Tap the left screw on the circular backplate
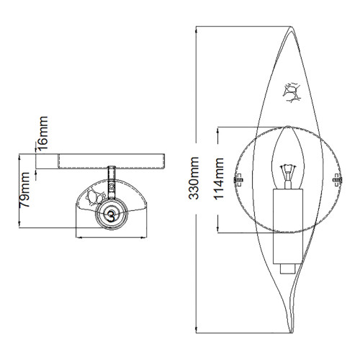(239, 179)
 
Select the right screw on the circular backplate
(336, 179)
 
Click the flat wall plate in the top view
(102, 160)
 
